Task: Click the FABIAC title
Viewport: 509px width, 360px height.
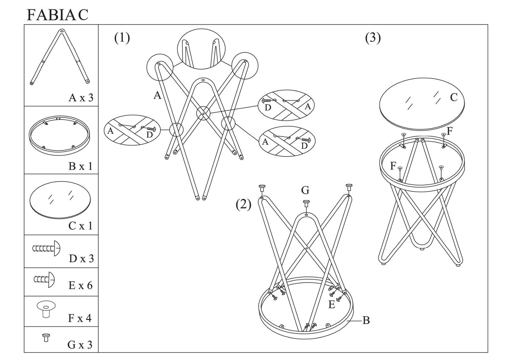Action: pos(57,15)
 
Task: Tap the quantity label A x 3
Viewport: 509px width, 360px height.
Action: pos(81,98)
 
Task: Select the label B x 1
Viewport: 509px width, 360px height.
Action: pos(80,166)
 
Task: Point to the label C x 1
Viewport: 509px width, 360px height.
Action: pos(80,226)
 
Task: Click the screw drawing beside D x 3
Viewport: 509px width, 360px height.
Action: pos(46,248)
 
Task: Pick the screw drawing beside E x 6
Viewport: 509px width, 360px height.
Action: pos(44,280)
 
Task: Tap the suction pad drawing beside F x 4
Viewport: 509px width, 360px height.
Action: pos(46,309)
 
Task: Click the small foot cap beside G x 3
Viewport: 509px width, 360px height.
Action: pos(46,338)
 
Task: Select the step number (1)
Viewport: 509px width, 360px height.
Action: pos(122,38)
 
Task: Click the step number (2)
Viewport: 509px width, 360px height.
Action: pos(244,204)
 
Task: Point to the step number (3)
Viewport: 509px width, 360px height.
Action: pos(373,38)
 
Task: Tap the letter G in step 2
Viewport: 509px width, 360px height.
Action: pos(305,190)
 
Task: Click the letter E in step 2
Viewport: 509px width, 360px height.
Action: pos(332,305)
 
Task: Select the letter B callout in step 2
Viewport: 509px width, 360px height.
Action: pos(366,320)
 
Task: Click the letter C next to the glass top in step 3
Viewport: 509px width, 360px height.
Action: pos(454,97)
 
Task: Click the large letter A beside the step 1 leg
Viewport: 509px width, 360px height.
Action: pos(157,95)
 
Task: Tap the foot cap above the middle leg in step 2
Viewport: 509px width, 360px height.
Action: pos(306,203)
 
